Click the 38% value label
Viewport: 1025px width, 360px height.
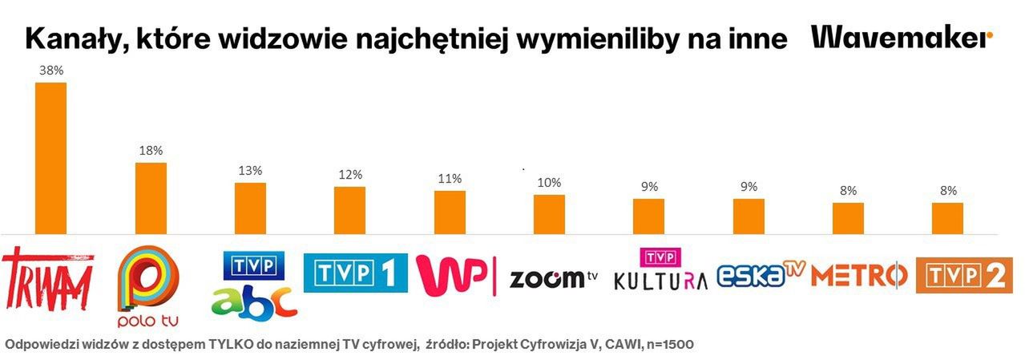pos(51,71)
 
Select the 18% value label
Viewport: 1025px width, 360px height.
pos(151,151)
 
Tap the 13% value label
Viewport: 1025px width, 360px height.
pos(250,171)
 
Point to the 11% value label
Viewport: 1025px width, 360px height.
pos(450,179)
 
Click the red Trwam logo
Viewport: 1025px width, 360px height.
pos(48,280)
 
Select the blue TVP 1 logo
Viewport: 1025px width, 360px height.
pos(355,273)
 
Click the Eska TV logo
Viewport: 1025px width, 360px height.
pos(759,275)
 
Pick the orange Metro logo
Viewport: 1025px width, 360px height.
pos(858,275)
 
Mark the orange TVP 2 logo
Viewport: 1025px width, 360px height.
pos(964,275)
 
